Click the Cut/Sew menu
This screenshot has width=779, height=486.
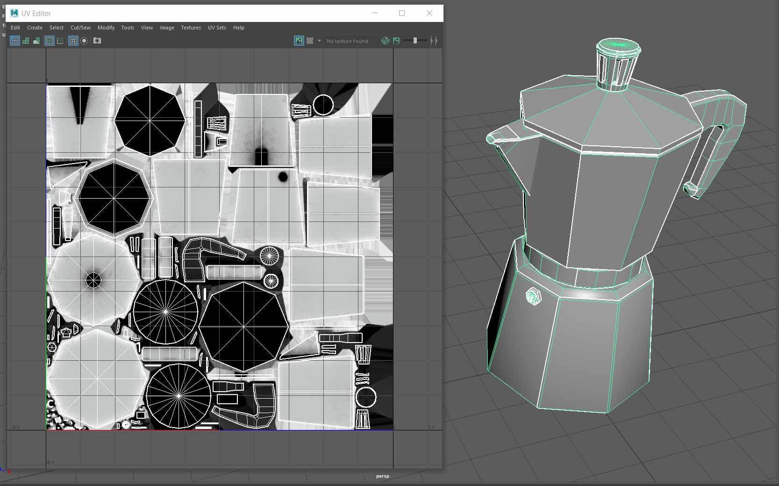point(80,28)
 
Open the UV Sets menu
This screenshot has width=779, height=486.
point(217,28)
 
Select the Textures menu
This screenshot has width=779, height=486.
point(191,28)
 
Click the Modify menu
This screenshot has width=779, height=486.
point(106,28)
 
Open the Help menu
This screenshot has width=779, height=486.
point(238,28)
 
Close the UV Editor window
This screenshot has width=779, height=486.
point(429,13)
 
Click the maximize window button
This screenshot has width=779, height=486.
point(401,13)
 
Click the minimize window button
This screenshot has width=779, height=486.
point(374,13)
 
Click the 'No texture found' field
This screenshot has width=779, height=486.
point(347,41)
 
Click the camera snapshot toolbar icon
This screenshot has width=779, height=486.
point(97,41)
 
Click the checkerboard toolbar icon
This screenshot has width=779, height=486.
point(310,41)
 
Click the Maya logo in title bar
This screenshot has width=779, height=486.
point(14,13)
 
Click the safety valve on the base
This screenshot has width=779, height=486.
point(533,297)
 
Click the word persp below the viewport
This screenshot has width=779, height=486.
point(382,476)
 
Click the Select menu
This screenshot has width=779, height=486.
point(56,28)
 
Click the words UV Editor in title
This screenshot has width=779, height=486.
point(36,14)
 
